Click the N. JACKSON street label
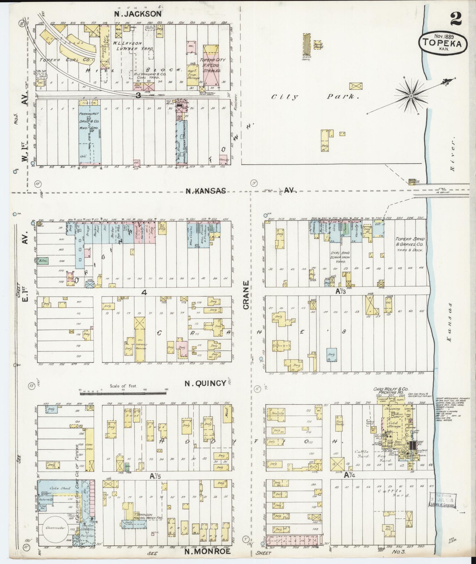(x=138, y=14)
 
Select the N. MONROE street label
(x=207, y=551)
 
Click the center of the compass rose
(x=411, y=96)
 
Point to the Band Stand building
(x=318, y=45)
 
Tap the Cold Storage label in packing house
(x=394, y=425)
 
